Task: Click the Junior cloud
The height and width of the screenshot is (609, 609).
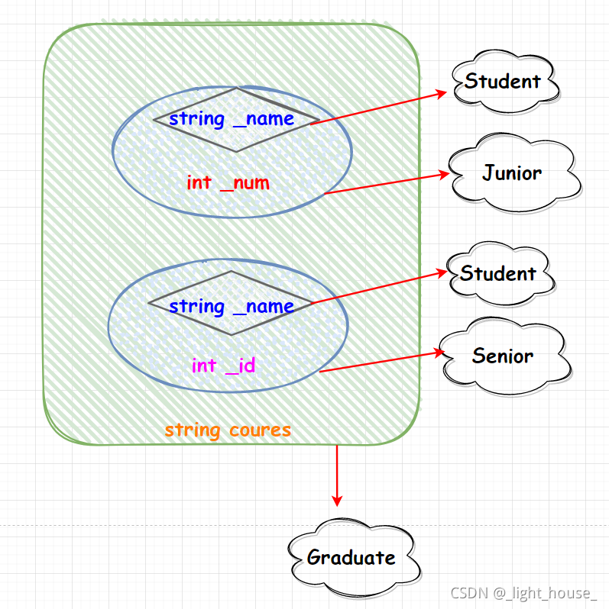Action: [513, 175]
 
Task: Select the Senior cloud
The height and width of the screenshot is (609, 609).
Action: [504, 356]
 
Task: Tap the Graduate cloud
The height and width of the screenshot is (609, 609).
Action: [353, 557]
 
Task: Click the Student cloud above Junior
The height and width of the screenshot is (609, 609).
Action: [504, 81]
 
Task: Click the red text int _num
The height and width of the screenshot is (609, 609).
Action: [228, 183]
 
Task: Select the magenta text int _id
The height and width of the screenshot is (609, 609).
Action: [223, 366]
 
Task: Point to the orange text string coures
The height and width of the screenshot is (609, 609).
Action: [228, 430]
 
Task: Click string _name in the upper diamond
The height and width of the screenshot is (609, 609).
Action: [232, 119]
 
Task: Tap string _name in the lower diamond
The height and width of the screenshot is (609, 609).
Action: [232, 307]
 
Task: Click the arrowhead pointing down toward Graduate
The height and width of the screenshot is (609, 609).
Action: [337, 499]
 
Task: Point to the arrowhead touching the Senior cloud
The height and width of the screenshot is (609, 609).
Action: [440, 352]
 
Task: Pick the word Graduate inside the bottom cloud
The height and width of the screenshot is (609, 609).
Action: [351, 557]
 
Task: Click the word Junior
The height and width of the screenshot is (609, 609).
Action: [512, 173]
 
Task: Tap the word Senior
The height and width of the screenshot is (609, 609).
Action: [503, 356]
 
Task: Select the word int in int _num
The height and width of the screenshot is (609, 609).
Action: [199, 183]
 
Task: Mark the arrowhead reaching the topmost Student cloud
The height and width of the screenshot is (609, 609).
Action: [442, 92]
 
